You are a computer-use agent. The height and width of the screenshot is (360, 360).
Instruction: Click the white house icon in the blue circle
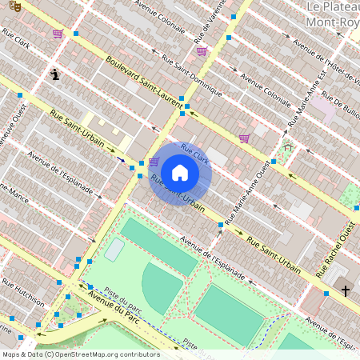point(180,172)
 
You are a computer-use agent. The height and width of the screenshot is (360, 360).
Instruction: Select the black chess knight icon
point(54,75)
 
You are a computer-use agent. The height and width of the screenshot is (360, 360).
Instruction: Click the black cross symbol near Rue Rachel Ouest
point(346,291)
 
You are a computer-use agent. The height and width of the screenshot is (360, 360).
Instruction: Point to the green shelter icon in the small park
point(287,148)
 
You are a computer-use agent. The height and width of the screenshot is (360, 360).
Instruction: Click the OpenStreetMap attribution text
point(81,354)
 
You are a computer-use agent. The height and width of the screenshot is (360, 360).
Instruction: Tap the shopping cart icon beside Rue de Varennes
point(202,51)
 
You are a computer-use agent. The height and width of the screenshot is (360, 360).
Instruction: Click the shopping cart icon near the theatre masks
point(58,34)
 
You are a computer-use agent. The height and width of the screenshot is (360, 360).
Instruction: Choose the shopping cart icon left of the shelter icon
point(244,138)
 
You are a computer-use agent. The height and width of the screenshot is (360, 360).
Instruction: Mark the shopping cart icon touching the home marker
point(153,162)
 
